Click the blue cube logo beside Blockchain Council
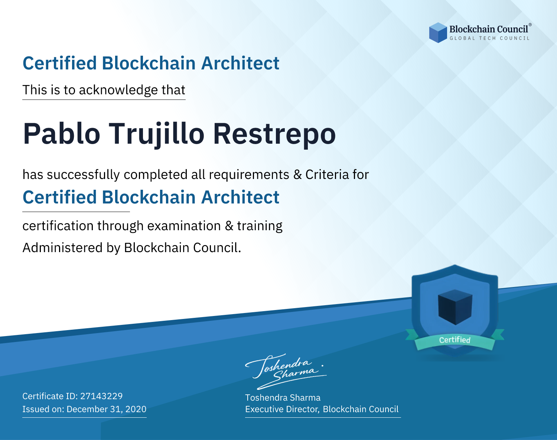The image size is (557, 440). point(438,33)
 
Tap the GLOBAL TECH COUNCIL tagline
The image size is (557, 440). point(490,38)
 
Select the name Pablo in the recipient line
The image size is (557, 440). point(62,134)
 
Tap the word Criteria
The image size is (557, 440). point(327,175)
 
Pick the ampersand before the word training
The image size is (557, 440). point(229,226)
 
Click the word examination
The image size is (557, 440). point(184,226)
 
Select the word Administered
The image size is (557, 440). point(62,247)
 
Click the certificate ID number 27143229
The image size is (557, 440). point(101,396)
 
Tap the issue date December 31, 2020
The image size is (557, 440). point(106,409)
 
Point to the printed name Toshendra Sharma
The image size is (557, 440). point(283,398)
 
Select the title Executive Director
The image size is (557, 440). point(281,409)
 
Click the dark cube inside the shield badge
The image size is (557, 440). point(455,307)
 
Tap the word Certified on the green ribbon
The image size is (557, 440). point(455,340)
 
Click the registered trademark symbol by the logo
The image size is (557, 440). point(530,25)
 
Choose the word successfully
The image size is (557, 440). point(83,175)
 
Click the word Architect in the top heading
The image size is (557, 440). point(240,63)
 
